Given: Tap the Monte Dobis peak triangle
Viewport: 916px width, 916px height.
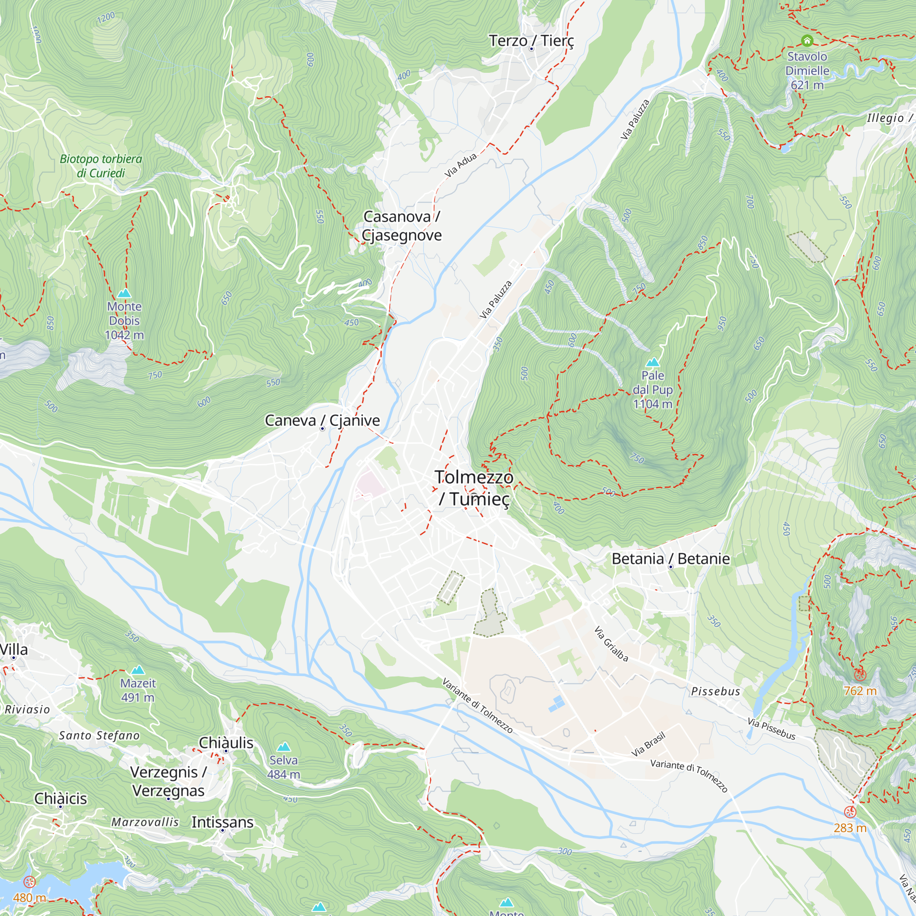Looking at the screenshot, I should click(x=124, y=294).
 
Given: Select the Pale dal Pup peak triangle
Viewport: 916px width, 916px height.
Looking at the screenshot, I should click(x=653, y=362).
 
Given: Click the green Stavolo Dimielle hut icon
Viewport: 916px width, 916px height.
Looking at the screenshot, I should click(x=807, y=40).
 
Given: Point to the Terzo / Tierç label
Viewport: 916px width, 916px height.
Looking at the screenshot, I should click(x=531, y=41).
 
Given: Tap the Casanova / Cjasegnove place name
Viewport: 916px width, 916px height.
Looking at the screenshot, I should click(x=402, y=226).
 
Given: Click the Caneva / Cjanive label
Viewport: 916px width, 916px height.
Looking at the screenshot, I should click(x=322, y=420).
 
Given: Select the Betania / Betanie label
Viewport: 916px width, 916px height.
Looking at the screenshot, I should click(x=671, y=558).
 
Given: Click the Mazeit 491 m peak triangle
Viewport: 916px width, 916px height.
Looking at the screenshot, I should click(x=138, y=670).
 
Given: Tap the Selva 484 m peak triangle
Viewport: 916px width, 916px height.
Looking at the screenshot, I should click(x=284, y=747).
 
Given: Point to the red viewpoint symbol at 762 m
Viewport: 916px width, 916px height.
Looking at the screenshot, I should click(x=860, y=675).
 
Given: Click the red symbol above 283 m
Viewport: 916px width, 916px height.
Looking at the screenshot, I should click(x=851, y=812).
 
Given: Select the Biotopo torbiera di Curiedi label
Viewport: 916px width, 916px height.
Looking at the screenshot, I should click(x=101, y=166).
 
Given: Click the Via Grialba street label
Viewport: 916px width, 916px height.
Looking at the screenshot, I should click(x=611, y=644).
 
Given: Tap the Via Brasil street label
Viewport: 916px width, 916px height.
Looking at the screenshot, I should click(x=648, y=744).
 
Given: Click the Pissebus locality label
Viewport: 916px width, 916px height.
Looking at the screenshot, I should click(x=715, y=691).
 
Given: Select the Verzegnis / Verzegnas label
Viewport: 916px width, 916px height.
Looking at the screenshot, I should click(x=168, y=781).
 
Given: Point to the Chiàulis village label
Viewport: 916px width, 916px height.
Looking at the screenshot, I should click(x=226, y=742).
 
